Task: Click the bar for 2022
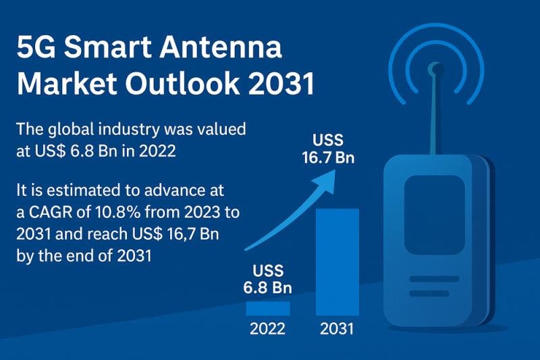268,308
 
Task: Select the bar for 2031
337,262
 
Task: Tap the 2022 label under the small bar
267,329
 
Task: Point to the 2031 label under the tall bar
337,329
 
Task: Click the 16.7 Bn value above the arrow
328,158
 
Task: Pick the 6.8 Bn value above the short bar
267,287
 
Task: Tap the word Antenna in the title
221,47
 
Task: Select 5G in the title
36,47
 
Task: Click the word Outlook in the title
182,83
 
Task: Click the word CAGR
51,212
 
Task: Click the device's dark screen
435,215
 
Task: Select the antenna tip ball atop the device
435,70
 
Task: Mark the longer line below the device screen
434,279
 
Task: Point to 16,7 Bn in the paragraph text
193,234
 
